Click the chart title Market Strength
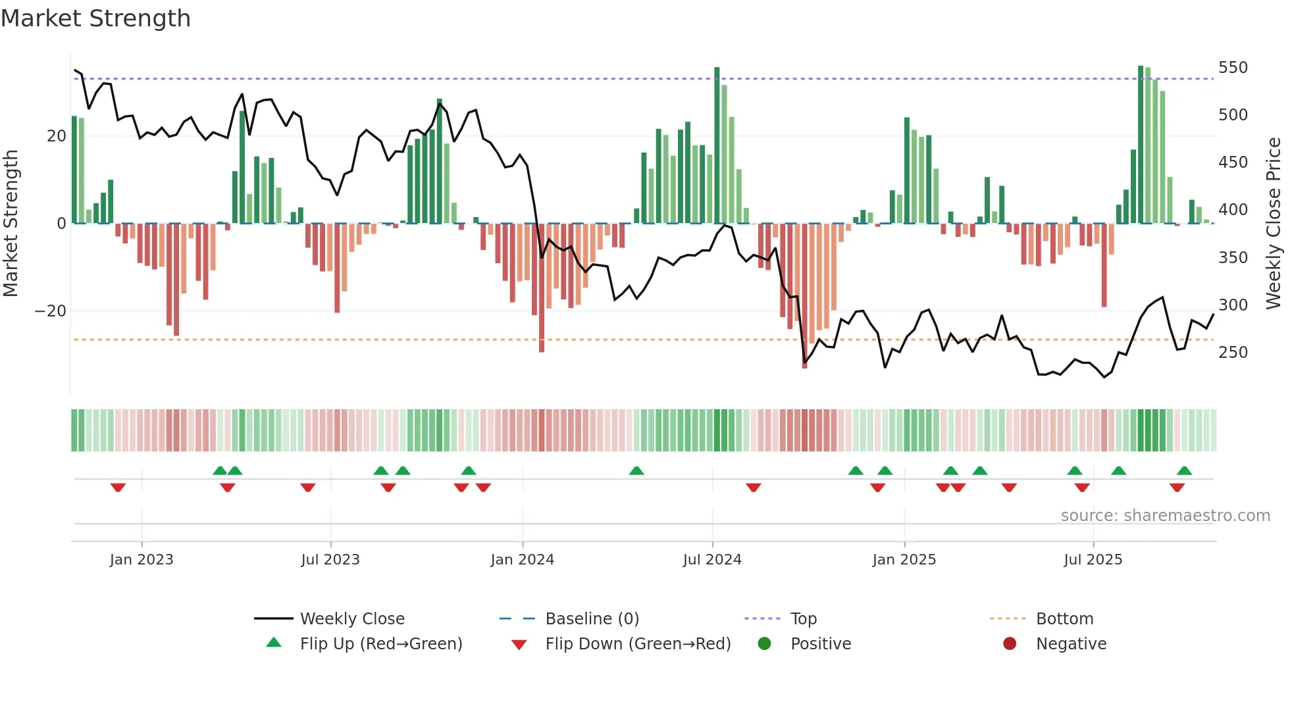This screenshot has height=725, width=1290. (x=95, y=18)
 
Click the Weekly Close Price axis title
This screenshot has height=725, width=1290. (x=1274, y=223)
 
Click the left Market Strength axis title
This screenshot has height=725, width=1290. (x=11, y=223)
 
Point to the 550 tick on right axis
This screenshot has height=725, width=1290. (x=1232, y=68)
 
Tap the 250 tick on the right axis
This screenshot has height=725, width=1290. (x=1232, y=353)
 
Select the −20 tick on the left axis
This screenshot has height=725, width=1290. (x=51, y=311)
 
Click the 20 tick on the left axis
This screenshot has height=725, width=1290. (x=57, y=136)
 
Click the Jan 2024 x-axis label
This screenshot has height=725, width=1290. (x=522, y=560)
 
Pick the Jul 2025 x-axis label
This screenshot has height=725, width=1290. (x=1093, y=560)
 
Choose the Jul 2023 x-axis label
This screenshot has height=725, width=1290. (x=330, y=560)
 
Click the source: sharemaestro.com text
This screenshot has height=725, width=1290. (x=1165, y=516)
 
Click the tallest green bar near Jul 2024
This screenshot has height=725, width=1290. (x=717, y=145)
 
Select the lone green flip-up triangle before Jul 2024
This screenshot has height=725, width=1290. (x=636, y=471)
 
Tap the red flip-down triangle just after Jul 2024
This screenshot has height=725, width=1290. (x=754, y=488)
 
